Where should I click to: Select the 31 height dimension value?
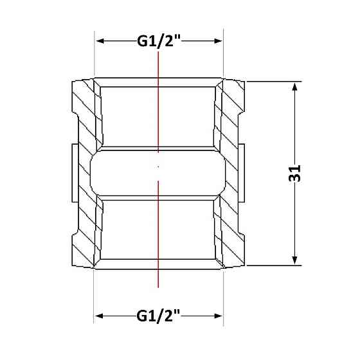click(x=294, y=174)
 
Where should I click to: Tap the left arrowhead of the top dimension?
click(x=100, y=41)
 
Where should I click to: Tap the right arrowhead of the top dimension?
click(x=218, y=41)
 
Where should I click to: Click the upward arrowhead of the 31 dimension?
click(x=294, y=87)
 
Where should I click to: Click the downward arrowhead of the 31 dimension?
click(x=294, y=260)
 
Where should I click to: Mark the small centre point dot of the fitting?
click(x=158, y=166)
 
